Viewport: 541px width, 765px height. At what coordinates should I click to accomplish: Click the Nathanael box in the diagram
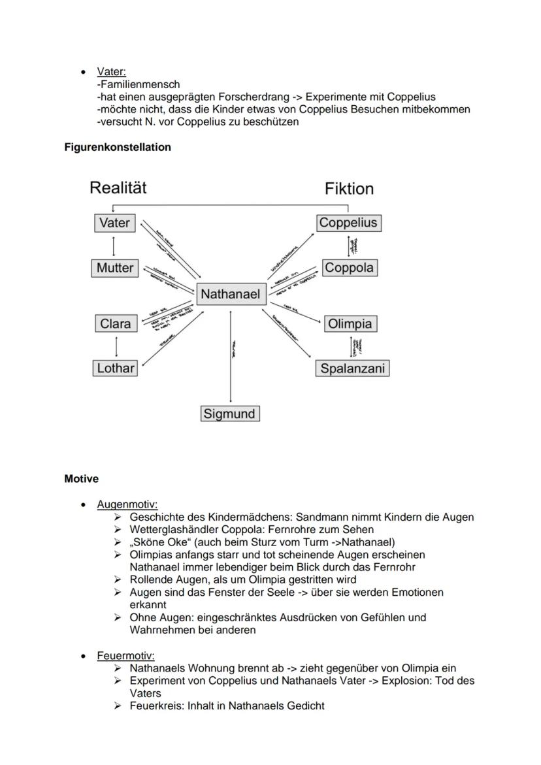230,294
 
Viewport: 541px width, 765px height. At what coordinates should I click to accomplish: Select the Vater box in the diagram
114,223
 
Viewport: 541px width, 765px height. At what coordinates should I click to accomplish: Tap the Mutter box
115,268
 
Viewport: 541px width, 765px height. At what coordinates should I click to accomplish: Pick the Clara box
116,323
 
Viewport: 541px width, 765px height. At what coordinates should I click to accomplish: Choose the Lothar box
116,368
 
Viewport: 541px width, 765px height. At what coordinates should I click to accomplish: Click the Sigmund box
229,414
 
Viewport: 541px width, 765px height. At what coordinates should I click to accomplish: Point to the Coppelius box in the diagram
348,223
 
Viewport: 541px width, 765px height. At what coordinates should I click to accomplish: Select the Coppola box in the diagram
350,268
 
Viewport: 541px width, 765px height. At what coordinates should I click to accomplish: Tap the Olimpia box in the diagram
350,323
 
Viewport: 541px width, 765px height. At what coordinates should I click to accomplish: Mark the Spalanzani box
352,368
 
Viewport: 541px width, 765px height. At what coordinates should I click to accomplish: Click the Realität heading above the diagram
118,188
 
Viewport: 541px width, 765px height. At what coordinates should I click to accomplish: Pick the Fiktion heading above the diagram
350,189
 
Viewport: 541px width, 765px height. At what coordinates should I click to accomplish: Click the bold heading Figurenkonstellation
118,147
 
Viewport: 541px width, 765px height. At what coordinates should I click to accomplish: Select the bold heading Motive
82,479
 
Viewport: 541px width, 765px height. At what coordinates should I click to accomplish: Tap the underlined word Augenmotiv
127,504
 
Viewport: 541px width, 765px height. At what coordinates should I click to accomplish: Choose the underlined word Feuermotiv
126,655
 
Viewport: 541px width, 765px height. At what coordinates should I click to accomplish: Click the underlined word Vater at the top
111,72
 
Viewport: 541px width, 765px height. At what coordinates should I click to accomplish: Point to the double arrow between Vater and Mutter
115,246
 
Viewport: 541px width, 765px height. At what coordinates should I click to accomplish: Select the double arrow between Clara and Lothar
116,346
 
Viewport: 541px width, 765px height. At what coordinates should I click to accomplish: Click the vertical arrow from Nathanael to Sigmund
231,356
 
